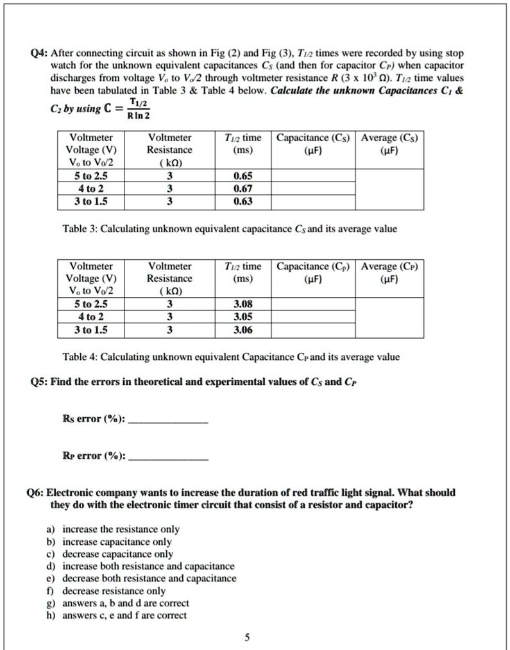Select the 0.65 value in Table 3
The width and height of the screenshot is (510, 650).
pos(243,175)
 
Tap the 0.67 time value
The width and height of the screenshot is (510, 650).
pos(243,188)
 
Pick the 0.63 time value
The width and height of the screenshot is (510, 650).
pos(243,201)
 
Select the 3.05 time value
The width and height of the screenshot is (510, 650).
pos(243,316)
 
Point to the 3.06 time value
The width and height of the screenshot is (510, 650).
pos(243,330)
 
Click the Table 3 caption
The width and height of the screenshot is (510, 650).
pos(229,229)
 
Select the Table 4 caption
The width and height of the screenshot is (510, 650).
pos(230,357)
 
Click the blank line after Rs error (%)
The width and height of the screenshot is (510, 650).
pos(168,422)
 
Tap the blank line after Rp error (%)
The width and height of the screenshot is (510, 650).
pos(168,459)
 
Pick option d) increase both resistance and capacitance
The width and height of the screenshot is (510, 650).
pos(148,567)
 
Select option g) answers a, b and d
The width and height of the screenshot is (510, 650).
pos(126,603)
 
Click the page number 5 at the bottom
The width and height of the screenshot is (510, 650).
pos(247,638)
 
